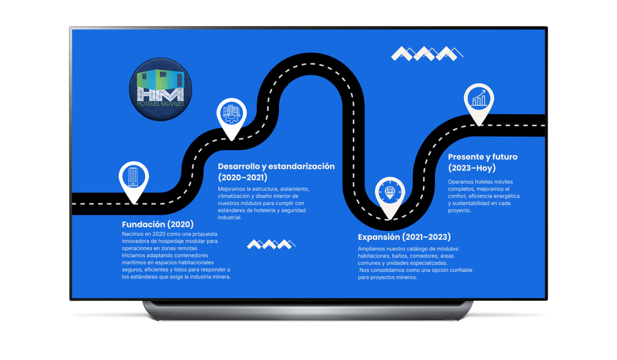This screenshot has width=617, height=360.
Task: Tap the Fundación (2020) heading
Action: (x=157, y=224)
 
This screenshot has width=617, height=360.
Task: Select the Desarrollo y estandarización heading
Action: (x=276, y=166)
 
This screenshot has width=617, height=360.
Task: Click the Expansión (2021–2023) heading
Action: (x=404, y=237)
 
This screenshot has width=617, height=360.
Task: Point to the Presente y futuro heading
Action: (x=483, y=157)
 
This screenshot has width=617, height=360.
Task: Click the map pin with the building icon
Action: (x=133, y=177)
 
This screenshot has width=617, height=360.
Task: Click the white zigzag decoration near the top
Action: (x=427, y=53)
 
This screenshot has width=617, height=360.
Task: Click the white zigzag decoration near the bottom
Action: (x=271, y=244)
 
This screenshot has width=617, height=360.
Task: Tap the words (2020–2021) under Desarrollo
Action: (x=242, y=178)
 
